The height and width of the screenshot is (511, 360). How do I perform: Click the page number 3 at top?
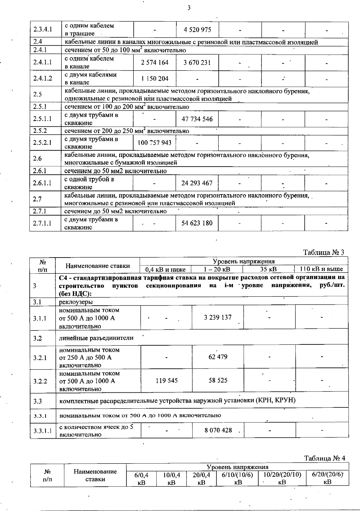(189, 8)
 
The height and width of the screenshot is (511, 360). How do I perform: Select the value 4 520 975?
(197, 29)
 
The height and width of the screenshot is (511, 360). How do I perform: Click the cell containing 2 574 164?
(154, 62)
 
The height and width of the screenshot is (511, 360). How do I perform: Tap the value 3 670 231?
(197, 62)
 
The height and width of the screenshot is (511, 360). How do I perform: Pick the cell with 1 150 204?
(154, 79)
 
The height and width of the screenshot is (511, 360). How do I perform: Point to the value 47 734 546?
(197, 119)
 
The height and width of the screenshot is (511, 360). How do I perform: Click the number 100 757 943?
(154, 143)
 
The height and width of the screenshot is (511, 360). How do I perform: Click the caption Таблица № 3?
(324, 252)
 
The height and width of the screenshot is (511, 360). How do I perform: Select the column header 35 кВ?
(268, 269)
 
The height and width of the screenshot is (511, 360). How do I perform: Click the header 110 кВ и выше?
(322, 269)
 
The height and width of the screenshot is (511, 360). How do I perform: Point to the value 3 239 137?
(217, 317)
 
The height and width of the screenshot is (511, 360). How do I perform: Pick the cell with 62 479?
(218, 357)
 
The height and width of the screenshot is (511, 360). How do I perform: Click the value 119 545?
(166, 380)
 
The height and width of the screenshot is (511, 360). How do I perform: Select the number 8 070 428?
(218, 430)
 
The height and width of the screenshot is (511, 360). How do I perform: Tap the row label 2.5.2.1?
(43, 143)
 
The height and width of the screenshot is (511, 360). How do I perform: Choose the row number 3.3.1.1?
(43, 431)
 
